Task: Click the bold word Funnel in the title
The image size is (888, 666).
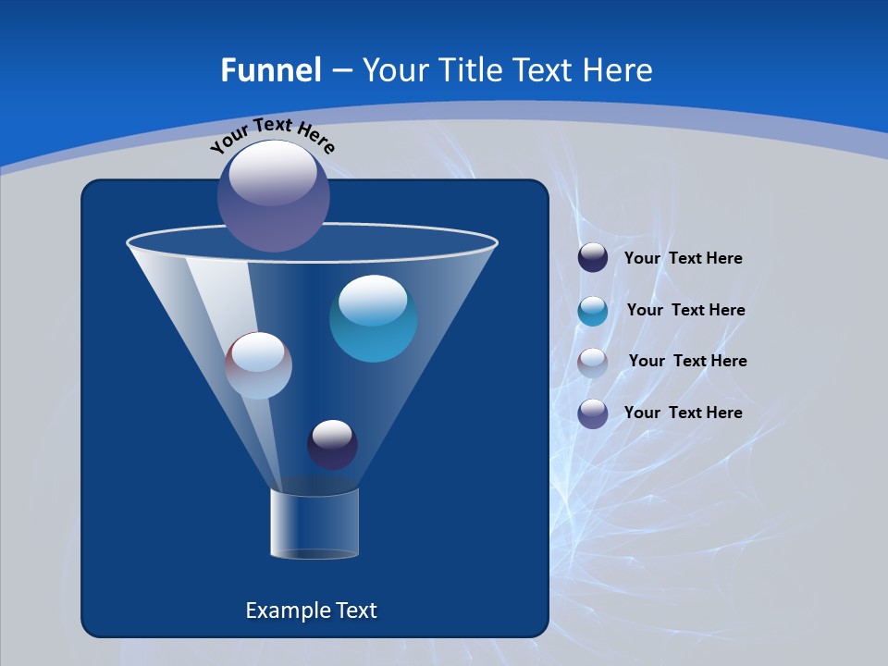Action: pos(270,70)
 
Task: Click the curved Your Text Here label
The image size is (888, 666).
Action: pos(273,134)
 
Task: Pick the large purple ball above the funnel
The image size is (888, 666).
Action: pos(274,195)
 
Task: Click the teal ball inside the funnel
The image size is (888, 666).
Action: pos(373,318)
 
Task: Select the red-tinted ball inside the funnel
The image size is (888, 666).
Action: pos(258,365)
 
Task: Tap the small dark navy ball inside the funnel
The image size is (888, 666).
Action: pos(332,444)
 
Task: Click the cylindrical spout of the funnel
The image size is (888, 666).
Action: pos(314,524)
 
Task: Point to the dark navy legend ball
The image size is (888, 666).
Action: pos(593,258)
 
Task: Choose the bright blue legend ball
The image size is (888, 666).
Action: pos(593,311)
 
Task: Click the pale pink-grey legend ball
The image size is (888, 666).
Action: pos(593,363)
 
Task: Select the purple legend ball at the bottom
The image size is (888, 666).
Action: pos(593,413)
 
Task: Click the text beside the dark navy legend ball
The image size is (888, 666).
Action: pos(683,259)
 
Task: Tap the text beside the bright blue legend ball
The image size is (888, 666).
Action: pos(685,311)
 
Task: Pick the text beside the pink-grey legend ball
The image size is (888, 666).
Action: pos(687,362)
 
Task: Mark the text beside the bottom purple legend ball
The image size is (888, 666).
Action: pos(683,413)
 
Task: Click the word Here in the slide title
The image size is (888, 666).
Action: pos(619,70)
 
